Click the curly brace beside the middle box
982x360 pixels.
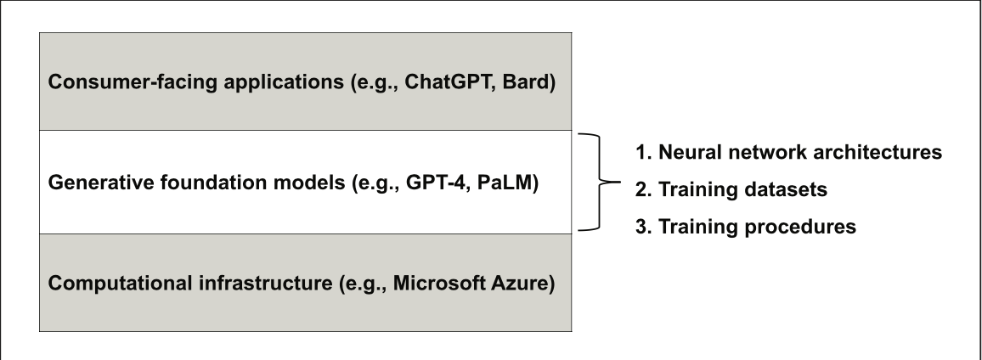(x=600, y=183)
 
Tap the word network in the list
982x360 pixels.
(x=765, y=152)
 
